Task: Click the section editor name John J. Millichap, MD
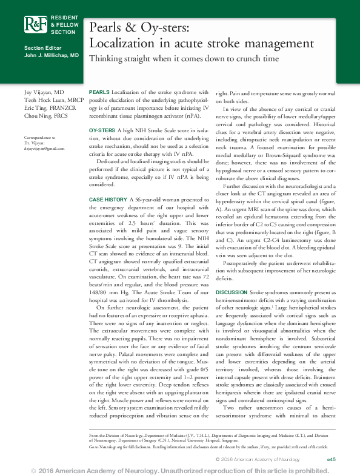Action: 52,55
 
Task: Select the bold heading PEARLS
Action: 99,90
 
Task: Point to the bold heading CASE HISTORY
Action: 108,199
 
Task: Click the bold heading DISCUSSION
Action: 231,292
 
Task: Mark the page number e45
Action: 331,460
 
